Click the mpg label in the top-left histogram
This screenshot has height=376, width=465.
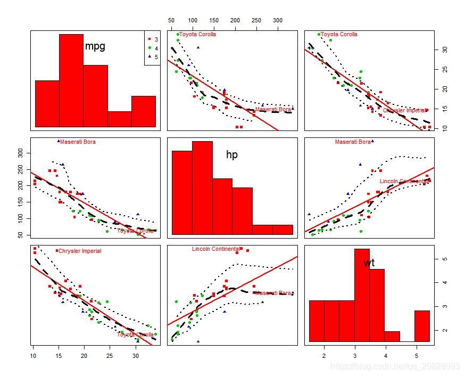(95, 46)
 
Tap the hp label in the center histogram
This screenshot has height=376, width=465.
(232, 155)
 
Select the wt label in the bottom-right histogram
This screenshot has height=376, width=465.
(369, 263)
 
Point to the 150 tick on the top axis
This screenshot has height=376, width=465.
(214, 20)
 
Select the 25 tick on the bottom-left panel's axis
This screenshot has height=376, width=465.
(110, 355)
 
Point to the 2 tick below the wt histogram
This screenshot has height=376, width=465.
(323, 355)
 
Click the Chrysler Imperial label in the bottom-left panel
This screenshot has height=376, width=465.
(79, 251)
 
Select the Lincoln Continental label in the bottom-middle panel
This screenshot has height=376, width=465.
(215, 249)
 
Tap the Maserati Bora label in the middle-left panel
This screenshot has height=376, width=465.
(78, 142)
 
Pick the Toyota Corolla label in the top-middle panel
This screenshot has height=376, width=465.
(197, 35)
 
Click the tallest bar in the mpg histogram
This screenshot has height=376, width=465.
(71, 80)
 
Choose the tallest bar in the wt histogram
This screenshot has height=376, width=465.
(362, 296)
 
